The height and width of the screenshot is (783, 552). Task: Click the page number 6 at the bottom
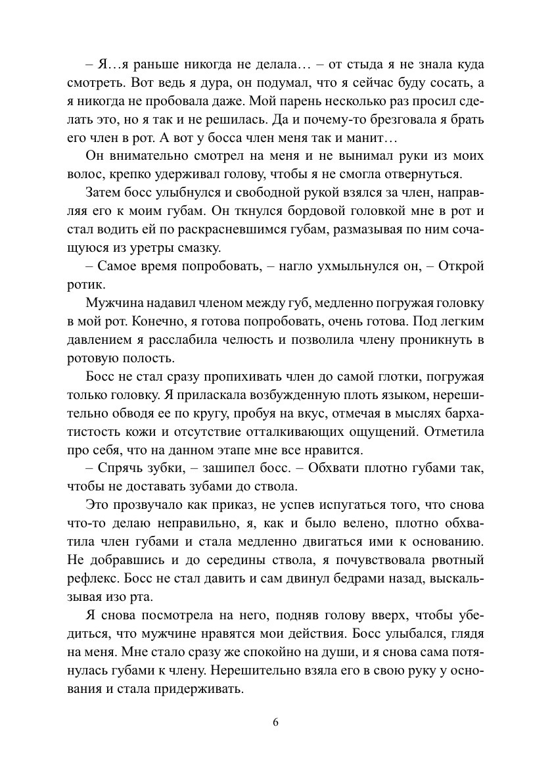tap(276, 722)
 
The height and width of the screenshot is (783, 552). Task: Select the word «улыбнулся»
tap(189, 194)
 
